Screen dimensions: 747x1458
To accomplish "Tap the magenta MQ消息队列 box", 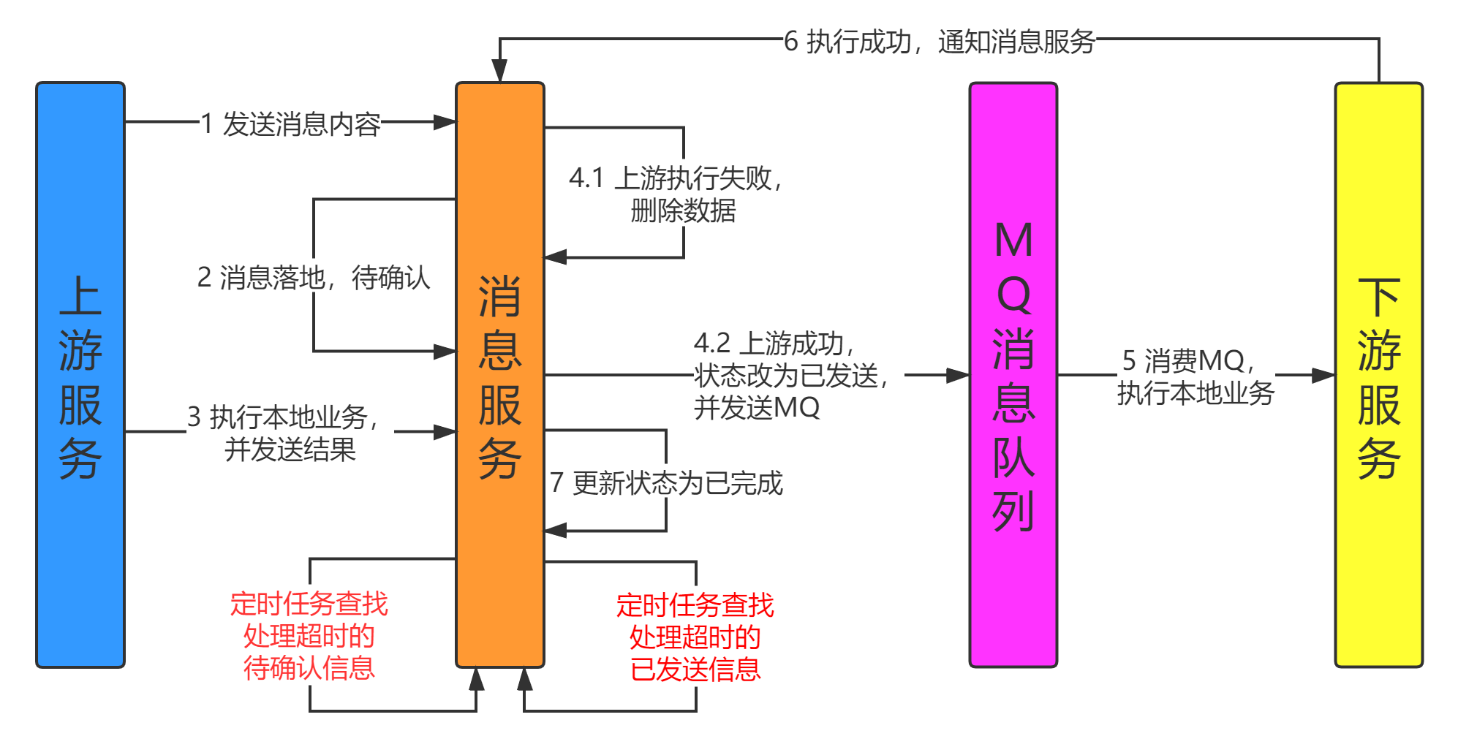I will (x=1013, y=599).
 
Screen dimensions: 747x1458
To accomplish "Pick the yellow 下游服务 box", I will (x=1379, y=570).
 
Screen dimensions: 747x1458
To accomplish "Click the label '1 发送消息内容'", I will (x=290, y=123).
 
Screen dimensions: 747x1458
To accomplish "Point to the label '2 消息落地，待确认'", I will (x=313, y=276).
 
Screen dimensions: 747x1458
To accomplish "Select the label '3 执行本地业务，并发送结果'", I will (x=290, y=432).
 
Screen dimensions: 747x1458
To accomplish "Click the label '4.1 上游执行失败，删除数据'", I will (x=683, y=193).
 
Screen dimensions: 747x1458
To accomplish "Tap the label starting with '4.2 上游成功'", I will (x=798, y=375).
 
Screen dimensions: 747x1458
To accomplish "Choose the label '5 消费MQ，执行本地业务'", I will (x=1196, y=375).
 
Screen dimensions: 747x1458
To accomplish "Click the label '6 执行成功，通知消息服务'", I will (x=940, y=40).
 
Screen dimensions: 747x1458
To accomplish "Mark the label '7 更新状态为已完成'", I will (x=665, y=482).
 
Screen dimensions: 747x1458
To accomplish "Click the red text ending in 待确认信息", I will (x=309, y=635).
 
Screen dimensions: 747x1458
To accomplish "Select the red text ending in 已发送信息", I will (x=695, y=637).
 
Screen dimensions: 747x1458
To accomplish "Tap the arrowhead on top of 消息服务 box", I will (x=499, y=70).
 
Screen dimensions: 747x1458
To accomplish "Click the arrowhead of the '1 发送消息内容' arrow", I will (x=445, y=122).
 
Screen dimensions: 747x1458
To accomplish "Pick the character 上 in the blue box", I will (x=80, y=296).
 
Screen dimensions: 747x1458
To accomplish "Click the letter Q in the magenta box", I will (x=1013, y=294).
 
